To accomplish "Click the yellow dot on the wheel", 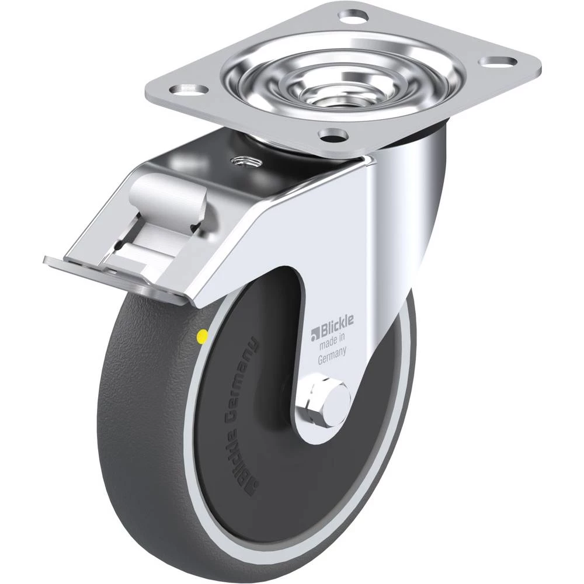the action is click(203, 337).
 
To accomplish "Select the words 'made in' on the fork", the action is click(332, 342).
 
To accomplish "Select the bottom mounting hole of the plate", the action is click(333, 136).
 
